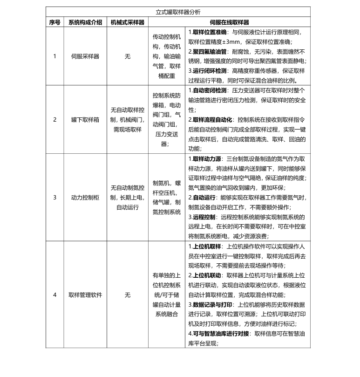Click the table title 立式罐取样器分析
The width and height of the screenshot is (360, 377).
178,13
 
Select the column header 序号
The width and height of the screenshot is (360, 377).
54,22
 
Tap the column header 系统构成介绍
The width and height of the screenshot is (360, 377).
85,22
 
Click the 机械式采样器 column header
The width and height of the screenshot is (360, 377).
128,22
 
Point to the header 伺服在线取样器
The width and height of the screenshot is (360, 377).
230,22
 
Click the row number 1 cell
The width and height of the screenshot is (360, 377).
54,56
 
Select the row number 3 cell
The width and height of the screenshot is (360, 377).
54,197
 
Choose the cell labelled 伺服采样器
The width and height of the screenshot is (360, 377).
85,56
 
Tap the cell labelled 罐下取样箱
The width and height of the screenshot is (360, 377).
85,119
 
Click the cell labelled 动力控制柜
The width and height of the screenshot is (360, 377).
85,197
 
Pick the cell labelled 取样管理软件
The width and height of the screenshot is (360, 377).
85,295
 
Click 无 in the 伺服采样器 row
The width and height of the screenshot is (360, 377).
128,56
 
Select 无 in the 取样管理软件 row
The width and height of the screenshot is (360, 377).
128,295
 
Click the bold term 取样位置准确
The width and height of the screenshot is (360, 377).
210,32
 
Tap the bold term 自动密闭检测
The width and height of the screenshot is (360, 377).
210,90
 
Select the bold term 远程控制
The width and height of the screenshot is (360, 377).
203,217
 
